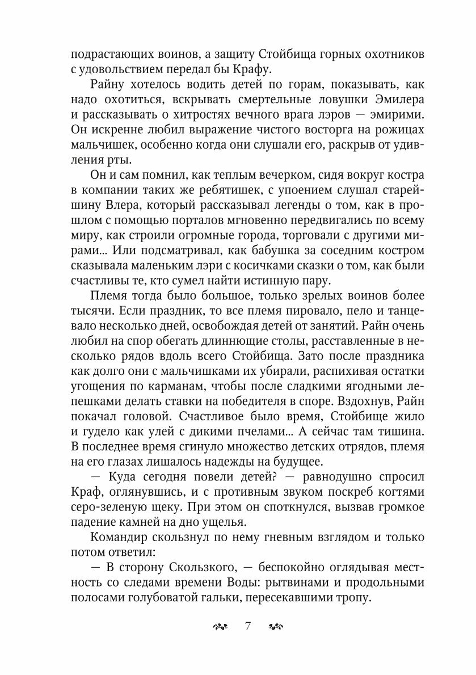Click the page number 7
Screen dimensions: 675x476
pyautogui.click(x=248, y=626)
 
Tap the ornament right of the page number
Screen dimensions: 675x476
pyautogui.click(x=276, y=626)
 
